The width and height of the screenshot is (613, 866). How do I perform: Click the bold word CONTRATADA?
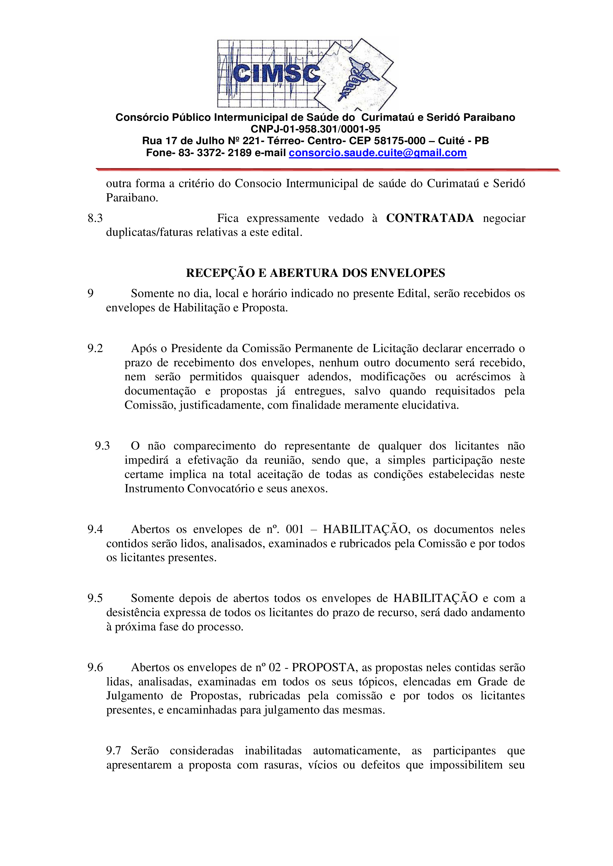click(430, 218)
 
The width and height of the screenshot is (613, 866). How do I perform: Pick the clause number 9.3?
click(102, 446)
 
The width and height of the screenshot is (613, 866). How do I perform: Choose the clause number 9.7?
click(113, 751)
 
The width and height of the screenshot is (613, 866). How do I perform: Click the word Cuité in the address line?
click(451, 141)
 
